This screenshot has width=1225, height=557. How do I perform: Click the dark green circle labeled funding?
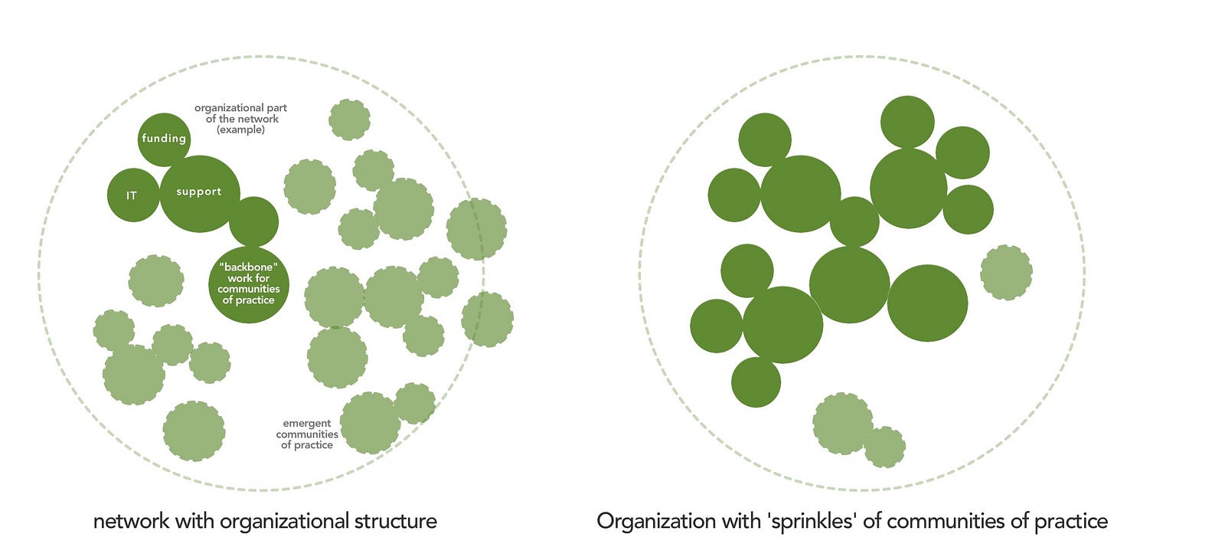(164, 139)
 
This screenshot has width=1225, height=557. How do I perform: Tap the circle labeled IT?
(132, 195)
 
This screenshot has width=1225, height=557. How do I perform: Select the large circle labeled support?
(199, 193)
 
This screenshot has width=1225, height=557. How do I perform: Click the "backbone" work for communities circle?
(249, 284)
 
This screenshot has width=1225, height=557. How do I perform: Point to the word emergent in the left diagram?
(307, 423)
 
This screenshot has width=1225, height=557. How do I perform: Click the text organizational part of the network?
(240, 113)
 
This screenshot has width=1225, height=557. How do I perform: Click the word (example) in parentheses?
(240, 130)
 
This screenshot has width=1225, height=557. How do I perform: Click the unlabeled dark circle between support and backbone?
(253, 221)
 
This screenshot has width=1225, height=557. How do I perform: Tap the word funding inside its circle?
(164, 139)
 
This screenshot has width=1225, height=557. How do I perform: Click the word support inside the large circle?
(199, 192)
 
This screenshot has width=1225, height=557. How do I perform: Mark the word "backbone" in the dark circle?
(248, 267)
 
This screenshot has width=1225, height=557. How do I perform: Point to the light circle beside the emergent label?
(371, 423)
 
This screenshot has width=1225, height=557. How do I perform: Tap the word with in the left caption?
(195, 522)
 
